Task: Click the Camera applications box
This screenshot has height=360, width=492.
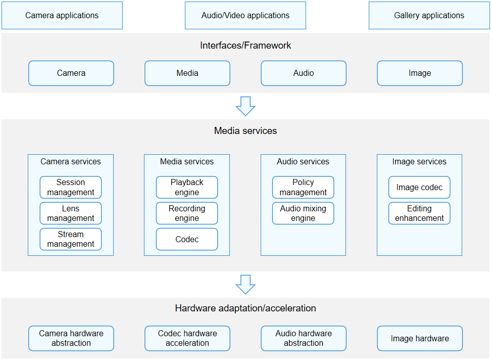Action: point(62,15)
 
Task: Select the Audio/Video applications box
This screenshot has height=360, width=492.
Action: point(245,15)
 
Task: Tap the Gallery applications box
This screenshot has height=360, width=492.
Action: point(429,15)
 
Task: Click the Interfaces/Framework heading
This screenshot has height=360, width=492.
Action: point(245,45)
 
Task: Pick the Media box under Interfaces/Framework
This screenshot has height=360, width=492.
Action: point(187,73)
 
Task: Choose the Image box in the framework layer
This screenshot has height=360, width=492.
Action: point(420,73)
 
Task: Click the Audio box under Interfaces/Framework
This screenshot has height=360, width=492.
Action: point(304,73)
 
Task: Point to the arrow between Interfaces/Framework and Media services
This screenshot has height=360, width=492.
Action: point(245,106)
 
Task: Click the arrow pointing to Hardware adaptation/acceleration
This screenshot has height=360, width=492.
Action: point(245,285)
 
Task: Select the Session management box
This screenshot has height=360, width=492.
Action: point(71,187)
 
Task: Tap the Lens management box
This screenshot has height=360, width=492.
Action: point(71,213)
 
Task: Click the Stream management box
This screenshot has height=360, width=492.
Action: point(71,239)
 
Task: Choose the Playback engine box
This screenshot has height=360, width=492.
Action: point(187,187)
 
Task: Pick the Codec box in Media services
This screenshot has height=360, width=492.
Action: point(187,239)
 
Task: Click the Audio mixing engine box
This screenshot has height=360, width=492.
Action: point(303,213)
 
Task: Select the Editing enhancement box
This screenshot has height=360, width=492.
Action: point(420,213)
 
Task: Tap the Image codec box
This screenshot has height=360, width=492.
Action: point(420,187)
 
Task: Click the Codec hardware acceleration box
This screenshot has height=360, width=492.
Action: point(187,338)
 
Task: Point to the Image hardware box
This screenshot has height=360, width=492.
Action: point(420,338)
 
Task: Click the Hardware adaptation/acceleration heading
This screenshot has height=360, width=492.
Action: point(245,308)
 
